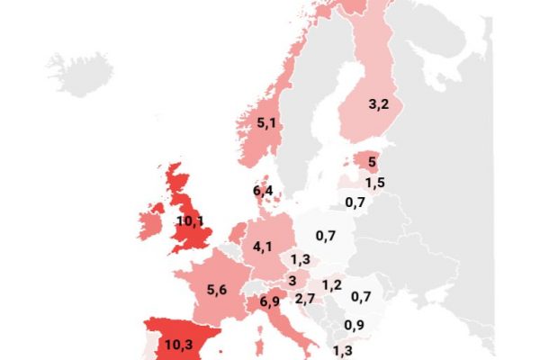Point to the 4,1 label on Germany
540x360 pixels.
point(263,246)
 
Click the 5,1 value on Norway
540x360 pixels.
point(266,123)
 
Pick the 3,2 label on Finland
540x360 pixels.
point(378,103)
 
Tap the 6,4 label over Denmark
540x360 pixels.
point(263,190)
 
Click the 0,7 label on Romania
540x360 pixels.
point(362,297)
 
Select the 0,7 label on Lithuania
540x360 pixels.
point(354,202)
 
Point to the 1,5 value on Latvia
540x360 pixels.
point(375,183)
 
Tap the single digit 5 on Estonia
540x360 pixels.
point(372,163)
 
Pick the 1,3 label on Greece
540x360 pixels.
point(343,351)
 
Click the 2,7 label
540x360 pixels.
point(304,299)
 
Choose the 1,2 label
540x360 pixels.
point(331,285)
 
